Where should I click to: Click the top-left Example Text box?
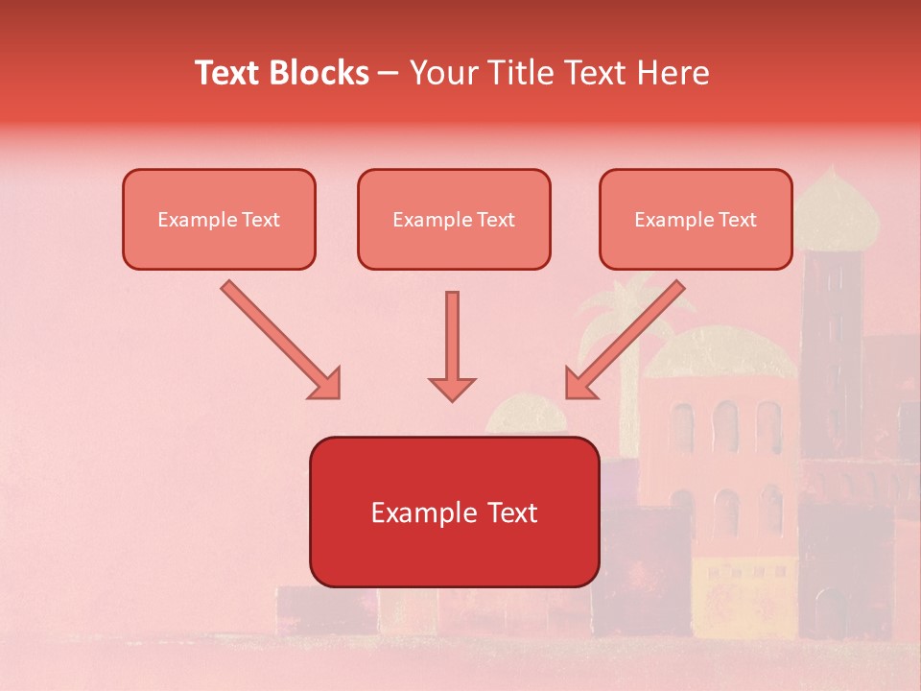point(219,219)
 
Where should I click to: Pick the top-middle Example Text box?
point(454,219)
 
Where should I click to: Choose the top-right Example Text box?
point(696,219)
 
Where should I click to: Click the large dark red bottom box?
point(454,512)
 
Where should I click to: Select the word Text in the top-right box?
point(737,220)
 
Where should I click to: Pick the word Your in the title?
point(442,73)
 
